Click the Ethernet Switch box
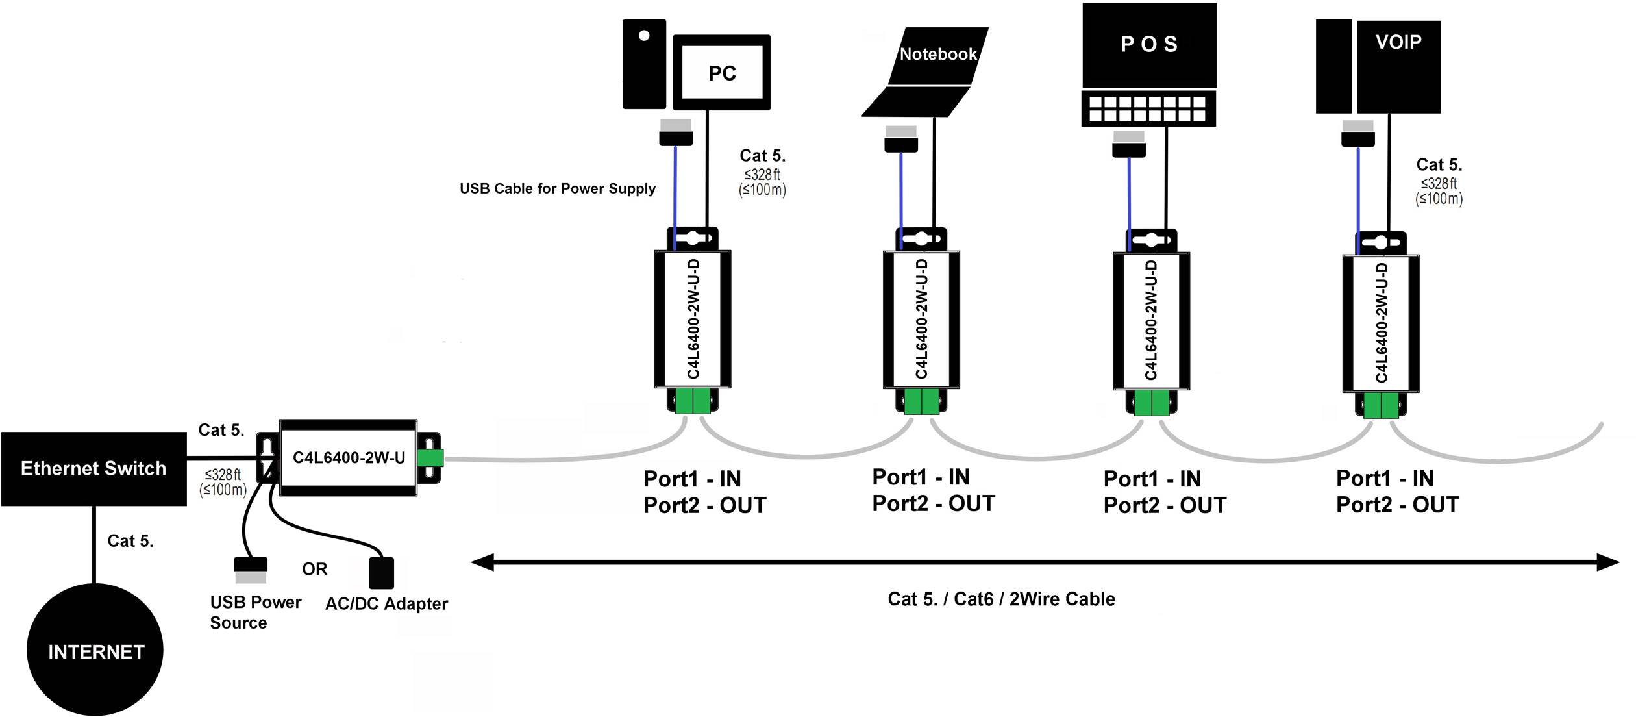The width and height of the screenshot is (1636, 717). [93, 468]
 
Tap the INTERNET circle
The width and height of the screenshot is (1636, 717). [95, 651]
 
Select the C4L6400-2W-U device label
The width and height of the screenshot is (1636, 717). [349, 458]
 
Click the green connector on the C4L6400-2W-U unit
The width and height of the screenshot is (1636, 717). [430, 457]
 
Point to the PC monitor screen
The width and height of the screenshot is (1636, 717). [721, 72]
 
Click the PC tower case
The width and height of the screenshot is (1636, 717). [643, 65]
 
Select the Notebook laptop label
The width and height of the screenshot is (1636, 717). [937, 55]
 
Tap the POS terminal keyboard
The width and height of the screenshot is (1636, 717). [1148, 108]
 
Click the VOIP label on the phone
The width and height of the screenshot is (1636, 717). [1398, 43]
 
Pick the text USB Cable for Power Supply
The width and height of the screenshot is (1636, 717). [557, 189]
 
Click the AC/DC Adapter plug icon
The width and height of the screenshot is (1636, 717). [381, 572]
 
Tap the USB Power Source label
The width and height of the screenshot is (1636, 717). [254, 612]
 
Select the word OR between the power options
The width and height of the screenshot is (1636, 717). [314, 569]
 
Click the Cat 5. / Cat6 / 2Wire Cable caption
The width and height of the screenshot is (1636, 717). [1001, 599]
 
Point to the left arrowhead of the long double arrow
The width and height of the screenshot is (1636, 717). [482, 562]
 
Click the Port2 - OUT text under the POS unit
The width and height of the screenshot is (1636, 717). [1164, 505]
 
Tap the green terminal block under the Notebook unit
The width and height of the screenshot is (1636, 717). [921, 402]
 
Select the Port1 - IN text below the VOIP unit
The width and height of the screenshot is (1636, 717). [1384, 479]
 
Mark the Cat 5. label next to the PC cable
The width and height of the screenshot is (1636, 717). [762, 156]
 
